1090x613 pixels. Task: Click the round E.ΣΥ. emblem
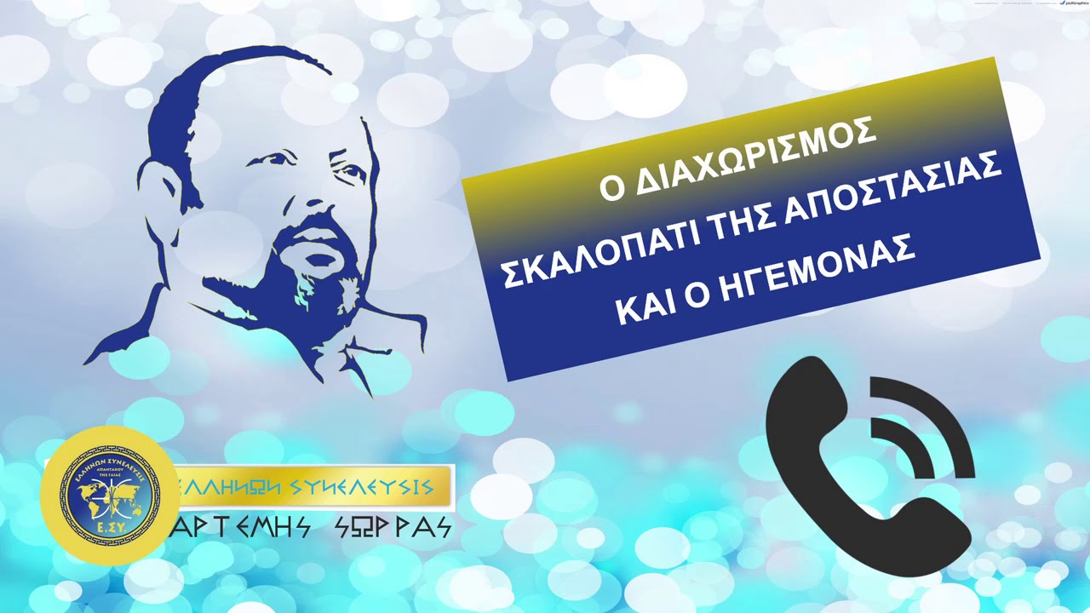[x=108, y=495]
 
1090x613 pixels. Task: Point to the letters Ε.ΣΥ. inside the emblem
[x=108, y=538]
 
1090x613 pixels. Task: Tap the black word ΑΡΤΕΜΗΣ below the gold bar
[x=243, y=528]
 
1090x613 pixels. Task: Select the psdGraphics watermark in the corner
[x=1075, y=3]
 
